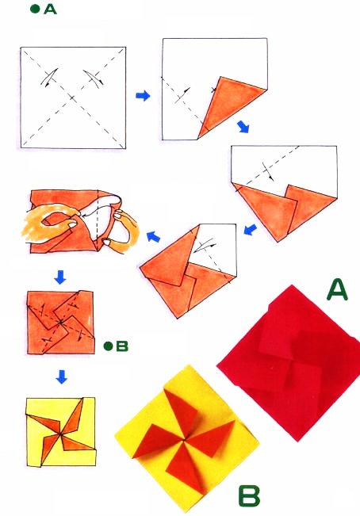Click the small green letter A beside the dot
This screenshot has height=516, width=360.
(x=50, y=10)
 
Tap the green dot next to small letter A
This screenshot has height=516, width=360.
(x=35, y=9)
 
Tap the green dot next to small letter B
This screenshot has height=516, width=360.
(x=109, y=346)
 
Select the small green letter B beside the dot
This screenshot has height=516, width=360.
(x=122, y=346)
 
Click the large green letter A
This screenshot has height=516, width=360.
(x=337, y=289)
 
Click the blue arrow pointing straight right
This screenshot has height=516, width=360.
(x=143, y=96)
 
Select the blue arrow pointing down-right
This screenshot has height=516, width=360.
(x=243, y=126)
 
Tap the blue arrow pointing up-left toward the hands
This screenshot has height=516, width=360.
(x=153, y=236)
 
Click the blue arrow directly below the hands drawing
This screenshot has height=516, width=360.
(x=60, y=277)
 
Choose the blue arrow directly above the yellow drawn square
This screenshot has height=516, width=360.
(x=62, y=376)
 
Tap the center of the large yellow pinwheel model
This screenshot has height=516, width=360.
(x=183, y=440)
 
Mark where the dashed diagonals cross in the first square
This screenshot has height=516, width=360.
(x=73, y=97)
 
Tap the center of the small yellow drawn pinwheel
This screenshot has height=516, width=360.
(x=61, y=434)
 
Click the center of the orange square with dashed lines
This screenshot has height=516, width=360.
(x=60, y=323)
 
